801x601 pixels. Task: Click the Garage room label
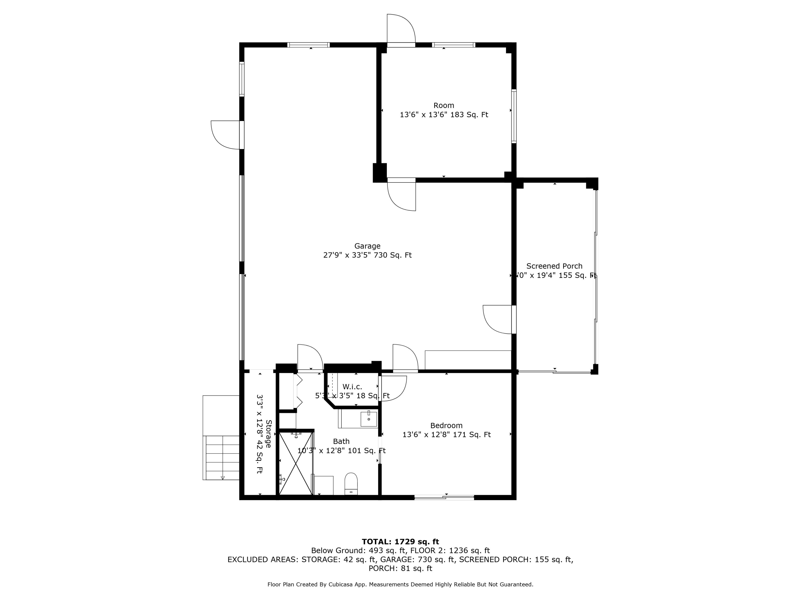click(x=367, y=246)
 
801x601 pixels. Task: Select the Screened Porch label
click(x=554, y=266)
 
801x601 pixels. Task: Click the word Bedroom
click(x=446, y=425)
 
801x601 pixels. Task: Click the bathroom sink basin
click(x=369, y=419)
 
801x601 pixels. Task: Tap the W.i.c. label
click(x=352, y=387)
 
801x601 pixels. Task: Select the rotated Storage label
click(x=269, y=434)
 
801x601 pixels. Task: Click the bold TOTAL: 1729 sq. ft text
click(x=400, y=542)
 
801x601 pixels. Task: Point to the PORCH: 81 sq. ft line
click(x=400, y=568)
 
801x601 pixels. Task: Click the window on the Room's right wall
click(x=514, y=116)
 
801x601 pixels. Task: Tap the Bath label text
click(x=341, y=441)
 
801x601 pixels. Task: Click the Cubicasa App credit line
click(x=400, y=584)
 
